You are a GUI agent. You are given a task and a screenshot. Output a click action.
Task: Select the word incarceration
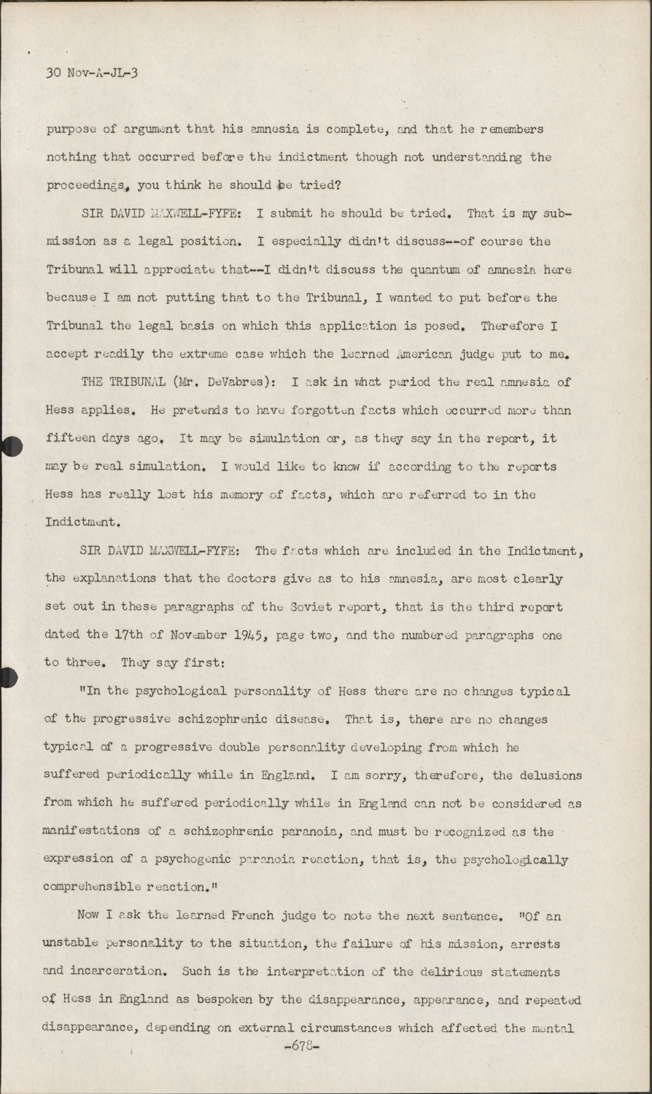(125, 971)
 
